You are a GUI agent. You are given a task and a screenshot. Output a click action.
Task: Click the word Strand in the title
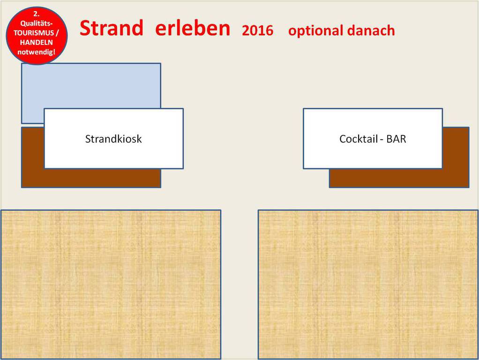[x=112, y=28]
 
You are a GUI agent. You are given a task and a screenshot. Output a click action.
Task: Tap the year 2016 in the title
[x=257, y=30]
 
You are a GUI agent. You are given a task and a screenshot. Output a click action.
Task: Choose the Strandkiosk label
[x=113, y=139]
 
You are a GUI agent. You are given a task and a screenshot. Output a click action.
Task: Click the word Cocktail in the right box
[x=359, y=139]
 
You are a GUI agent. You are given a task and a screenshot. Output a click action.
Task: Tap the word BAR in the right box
[x=396, y=139]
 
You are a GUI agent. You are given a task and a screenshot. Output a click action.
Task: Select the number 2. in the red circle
[x=37, y=14]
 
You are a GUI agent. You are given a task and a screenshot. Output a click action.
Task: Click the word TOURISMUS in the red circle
[x=34, y=33]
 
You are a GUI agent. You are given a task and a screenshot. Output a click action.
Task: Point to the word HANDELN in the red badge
[x=37, y=42]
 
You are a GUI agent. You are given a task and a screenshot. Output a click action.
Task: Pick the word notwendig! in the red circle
[x=37, y=52]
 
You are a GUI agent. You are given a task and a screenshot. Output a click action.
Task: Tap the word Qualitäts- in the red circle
[x=37, y=23]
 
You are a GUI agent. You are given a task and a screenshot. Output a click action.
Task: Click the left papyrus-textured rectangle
[x=111, y=285]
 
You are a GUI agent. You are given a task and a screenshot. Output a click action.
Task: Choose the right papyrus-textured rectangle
[x=368, y=285]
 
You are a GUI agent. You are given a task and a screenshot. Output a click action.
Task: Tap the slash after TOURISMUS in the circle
[x=57, y=33]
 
